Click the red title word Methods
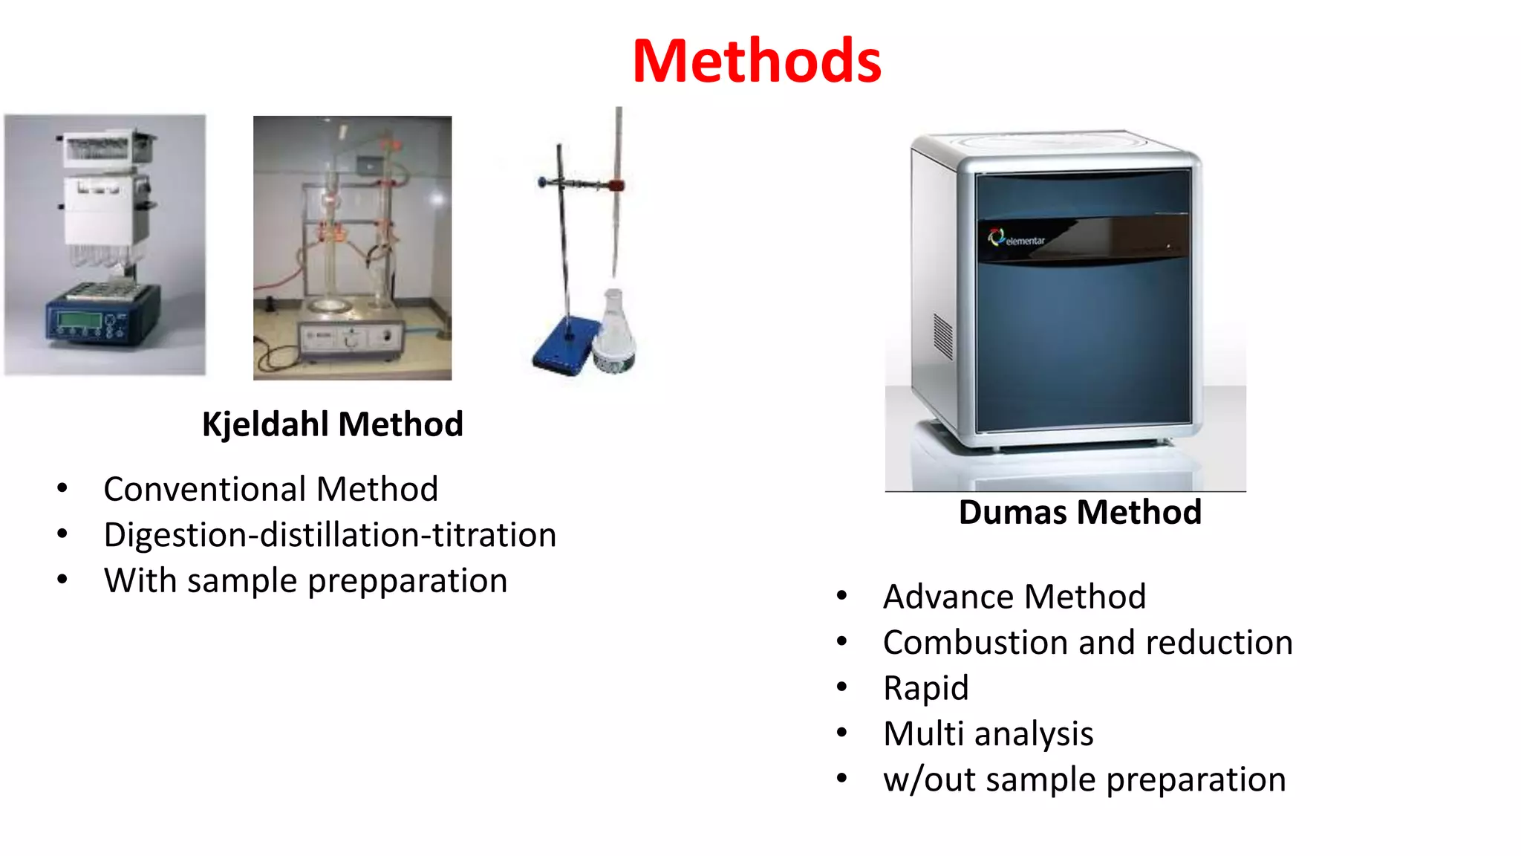757,61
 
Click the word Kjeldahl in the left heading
266,425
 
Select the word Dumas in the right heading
1014,513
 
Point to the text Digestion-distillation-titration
330,536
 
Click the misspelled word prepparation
407,581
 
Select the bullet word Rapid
925,689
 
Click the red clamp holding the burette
616,185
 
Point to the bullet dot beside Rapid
841,687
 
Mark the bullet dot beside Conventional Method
62,488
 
